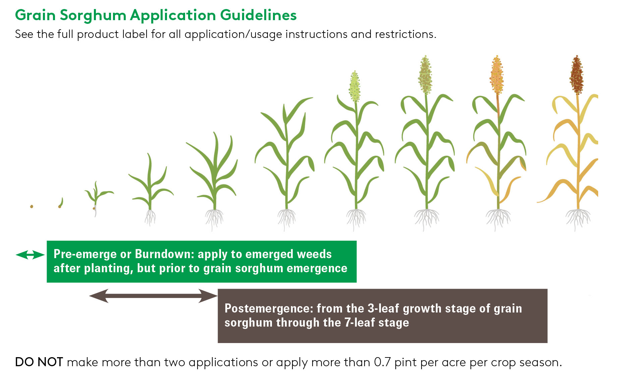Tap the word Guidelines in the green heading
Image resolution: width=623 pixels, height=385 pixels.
click(258, 15)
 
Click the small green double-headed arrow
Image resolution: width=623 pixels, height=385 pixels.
click(30, 255)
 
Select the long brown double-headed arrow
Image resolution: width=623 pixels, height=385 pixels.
click(154, 296)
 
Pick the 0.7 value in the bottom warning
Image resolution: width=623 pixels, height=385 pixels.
click(382, 363)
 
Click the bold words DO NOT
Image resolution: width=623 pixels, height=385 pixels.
click(39, 363)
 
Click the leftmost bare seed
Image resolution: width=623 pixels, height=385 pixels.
click(32, 206)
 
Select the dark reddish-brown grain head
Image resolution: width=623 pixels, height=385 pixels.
click(577, 75)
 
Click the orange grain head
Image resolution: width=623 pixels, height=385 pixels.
click(497, 75)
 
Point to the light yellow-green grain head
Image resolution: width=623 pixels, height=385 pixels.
click(354, 87)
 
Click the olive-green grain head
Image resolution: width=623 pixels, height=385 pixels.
click(425, 75)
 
